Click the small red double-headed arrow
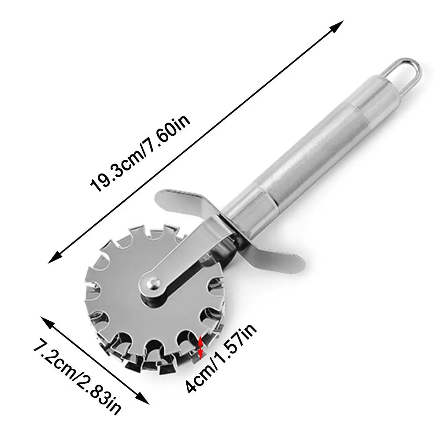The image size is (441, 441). pos(201,347)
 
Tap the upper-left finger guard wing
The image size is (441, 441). pos(185,200)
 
